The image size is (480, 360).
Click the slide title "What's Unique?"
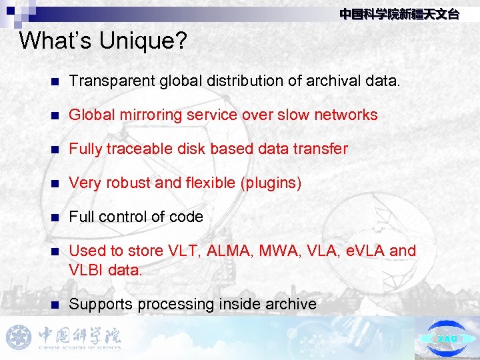point(103,41)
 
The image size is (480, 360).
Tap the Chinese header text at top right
point(399,14)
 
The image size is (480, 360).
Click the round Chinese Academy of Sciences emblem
point(19,337)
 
